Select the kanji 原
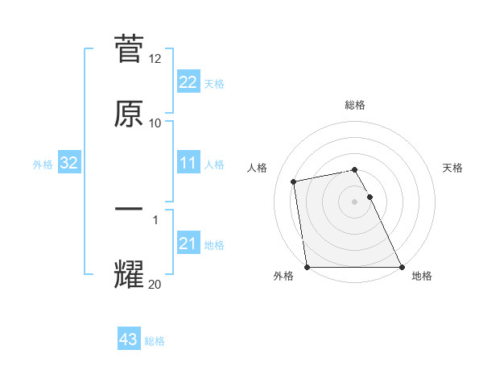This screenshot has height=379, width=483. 129,114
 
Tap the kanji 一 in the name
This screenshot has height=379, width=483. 129,209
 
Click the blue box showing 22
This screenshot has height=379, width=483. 188,82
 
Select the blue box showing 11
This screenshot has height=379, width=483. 188,163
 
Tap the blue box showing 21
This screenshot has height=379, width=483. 188,244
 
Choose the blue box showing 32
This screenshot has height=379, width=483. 69,163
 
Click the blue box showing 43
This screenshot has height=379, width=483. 129,339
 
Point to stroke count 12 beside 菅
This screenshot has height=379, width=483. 155,60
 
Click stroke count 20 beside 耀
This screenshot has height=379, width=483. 155,283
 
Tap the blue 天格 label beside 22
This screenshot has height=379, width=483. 214,84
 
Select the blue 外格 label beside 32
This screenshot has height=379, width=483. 43,165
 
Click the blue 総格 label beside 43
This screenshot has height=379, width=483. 155,341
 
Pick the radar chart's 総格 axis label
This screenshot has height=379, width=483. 355,105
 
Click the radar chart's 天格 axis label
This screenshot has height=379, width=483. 452,168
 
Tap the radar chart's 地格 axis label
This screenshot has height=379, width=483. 422,276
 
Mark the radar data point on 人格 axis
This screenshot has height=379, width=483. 294,181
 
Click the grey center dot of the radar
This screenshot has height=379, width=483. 355,201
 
